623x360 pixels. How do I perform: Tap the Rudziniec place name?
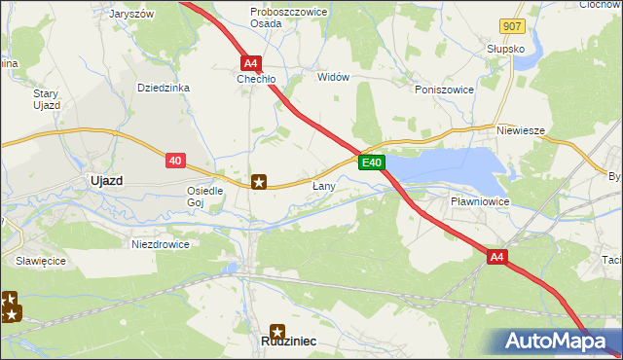tap(277, 342)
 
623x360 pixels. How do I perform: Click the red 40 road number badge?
tap(175, 161)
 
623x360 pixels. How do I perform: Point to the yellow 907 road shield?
tap(513, 26)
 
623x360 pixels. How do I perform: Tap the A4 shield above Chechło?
tap(251, 60)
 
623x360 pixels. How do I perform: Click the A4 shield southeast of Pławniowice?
tap(497, 257)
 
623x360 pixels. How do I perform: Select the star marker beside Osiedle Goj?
tap(259, 181)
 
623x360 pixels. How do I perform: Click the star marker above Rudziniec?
tap(277, 330)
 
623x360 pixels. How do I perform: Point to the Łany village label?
tap(324, 185)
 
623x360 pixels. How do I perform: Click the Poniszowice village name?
tap(444, 90)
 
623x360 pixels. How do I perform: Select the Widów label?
tap(333, 77)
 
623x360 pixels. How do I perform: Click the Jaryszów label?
tap(132, 15)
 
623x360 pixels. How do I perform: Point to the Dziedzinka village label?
tap(163, 88)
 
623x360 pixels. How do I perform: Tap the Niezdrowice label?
tap(161, 244)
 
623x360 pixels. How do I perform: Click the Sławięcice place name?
tap(40, 262)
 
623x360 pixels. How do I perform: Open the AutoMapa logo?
tap(557, 342)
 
